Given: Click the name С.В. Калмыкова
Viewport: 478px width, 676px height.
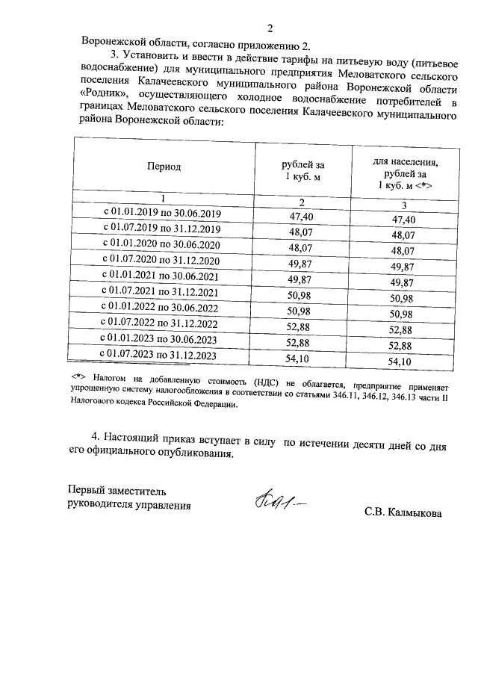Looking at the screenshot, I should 403,513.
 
